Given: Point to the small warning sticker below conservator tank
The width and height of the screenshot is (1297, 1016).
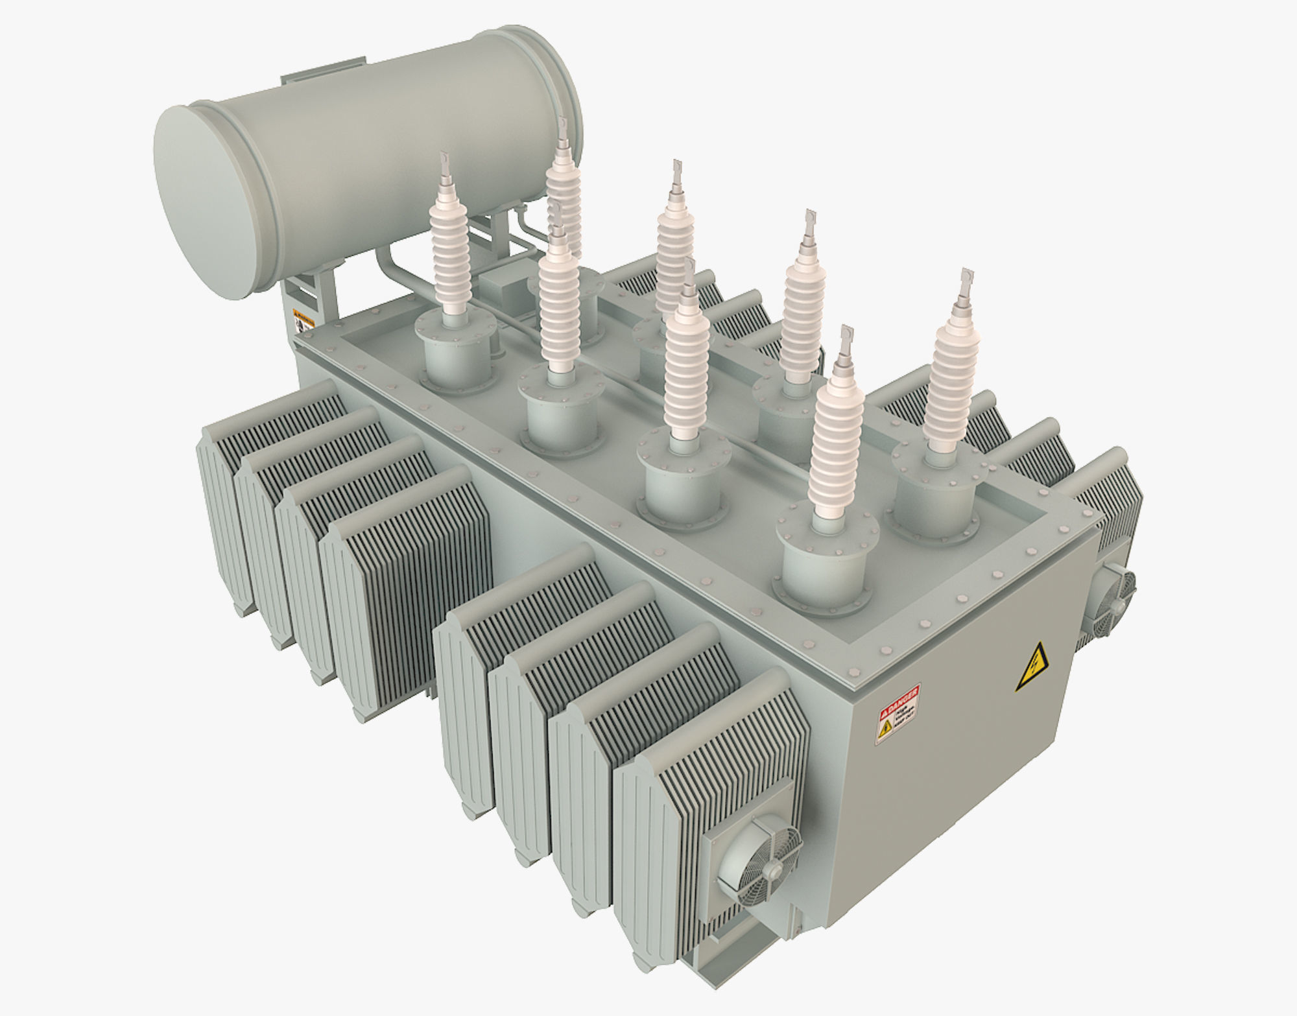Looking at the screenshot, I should point(302,318).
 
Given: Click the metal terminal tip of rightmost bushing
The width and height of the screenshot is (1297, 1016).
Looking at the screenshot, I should point(967,283).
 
